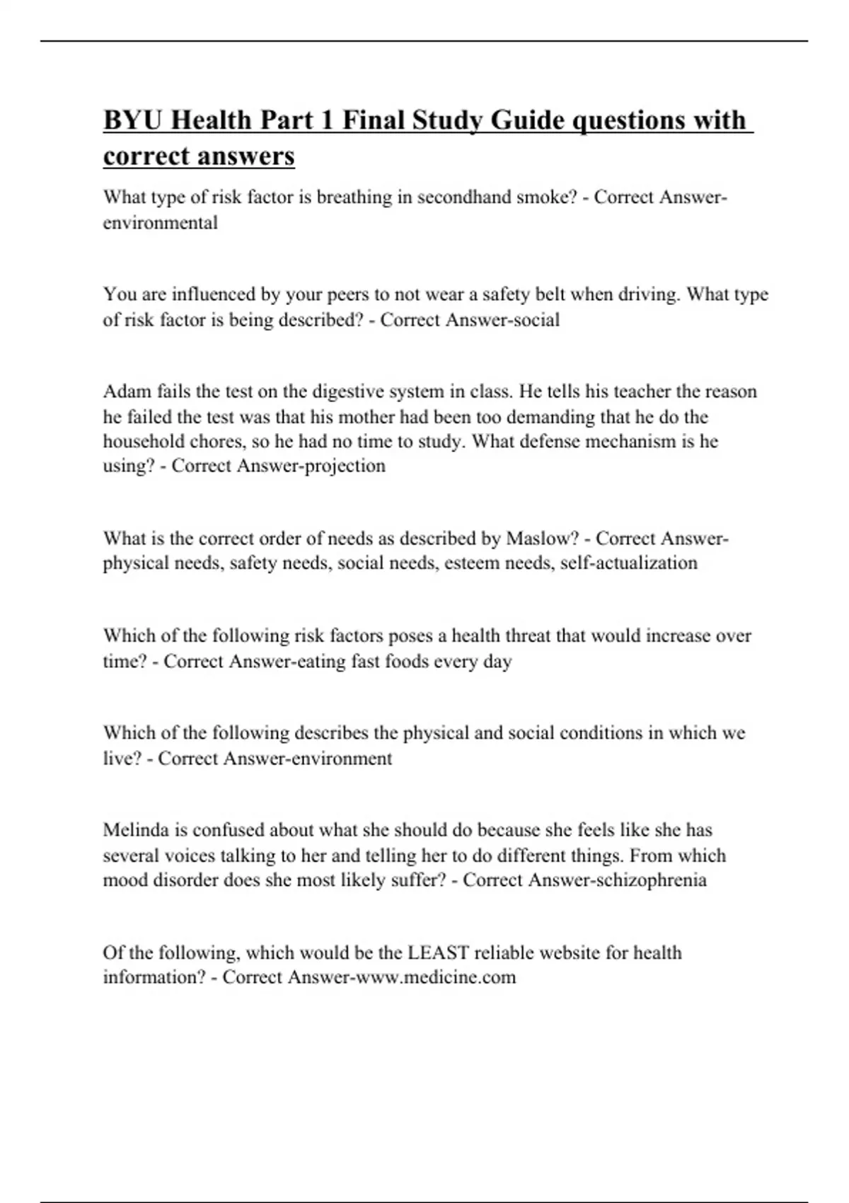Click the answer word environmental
(161, 222)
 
